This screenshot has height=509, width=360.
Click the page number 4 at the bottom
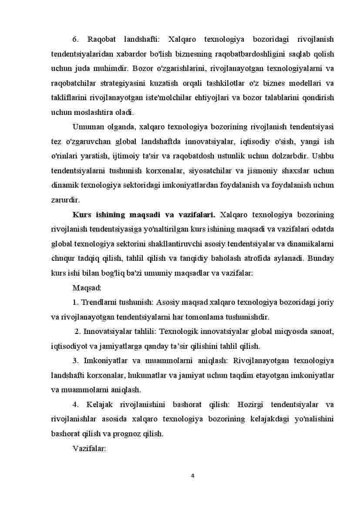pos(192,475)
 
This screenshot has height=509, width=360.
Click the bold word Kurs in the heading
pos(81,215)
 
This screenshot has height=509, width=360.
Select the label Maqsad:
pos(87,288)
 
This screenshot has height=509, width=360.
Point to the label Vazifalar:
pos(89,448)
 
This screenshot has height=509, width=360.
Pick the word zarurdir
pos(65,200)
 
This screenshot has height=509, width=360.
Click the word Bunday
pos(321,258)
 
